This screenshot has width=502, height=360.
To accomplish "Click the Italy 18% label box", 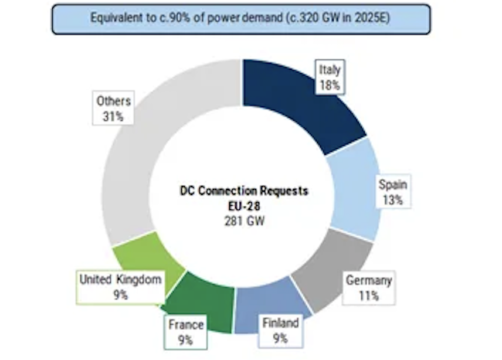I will click(330, 77).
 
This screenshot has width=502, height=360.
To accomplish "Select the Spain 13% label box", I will click(392, 192).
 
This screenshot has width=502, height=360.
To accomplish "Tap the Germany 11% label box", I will click(368, 287).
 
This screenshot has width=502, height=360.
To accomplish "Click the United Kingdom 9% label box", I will click(120, 287).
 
